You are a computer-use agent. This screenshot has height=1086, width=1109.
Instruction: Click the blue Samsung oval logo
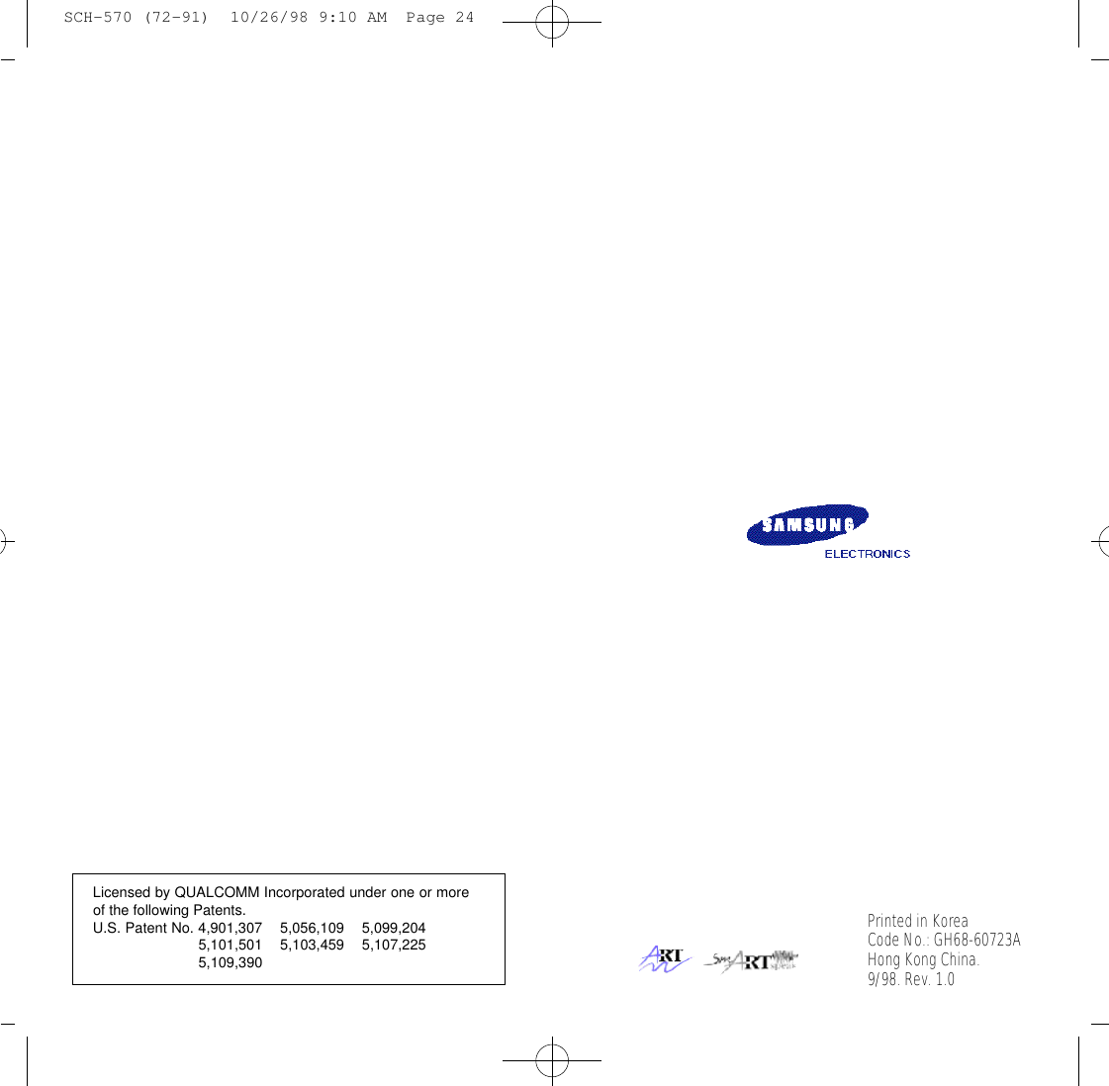(x=807, y=524)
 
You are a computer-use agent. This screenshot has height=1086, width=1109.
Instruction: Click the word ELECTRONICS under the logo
(x=867, y=554)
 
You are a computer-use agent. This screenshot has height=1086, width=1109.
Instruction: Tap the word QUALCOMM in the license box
(x=217, y=892)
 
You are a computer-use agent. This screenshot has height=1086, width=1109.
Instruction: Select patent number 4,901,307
(x=230, y=928)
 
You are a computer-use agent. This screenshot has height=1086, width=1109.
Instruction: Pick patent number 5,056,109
(x=312, y=928)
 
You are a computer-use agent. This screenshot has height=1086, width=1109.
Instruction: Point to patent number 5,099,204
(x=394, y=928)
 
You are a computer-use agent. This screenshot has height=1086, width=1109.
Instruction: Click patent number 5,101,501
(x=230, y=945)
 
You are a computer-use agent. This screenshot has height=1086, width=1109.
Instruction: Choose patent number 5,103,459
(x=312, y=945)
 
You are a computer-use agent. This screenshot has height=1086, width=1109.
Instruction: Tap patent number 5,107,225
(x=394, y=945)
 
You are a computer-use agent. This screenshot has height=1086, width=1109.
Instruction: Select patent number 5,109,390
(x=230, y=962)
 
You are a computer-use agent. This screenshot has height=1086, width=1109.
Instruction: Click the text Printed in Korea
(x=917, y=921)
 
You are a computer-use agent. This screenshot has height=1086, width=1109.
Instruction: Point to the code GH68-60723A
(x=976, y=940)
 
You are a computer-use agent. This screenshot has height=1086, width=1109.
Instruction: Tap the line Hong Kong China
(x=923, y=959)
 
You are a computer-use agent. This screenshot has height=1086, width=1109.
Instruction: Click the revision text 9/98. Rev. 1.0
(x=910, y=979)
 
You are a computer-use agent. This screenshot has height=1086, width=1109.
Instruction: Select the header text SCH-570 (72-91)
(x=136, y=18)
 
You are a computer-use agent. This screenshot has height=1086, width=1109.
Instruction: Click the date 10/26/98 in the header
(x=269, y=18)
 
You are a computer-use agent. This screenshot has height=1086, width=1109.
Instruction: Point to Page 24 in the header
(x=439, y=18)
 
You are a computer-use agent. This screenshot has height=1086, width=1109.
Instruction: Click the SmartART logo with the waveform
(x=751, y=960)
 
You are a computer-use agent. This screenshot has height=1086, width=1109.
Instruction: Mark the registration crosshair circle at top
(x=552, y=22)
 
